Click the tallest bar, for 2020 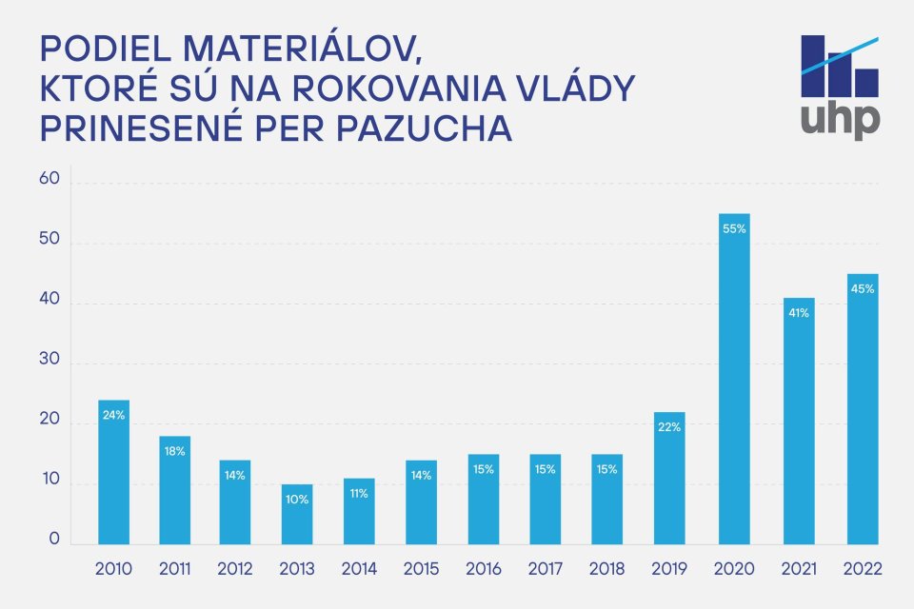(734, 381)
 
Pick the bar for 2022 (863, 409)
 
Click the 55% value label (734, 229)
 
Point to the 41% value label (797, 313)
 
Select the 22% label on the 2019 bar (668, 427)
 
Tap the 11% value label (358, 493)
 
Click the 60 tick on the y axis (50, 180)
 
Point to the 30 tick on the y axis (50, 362)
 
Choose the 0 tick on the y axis (54, 539)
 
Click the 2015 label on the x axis (422, 570)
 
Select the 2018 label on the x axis (606, 570)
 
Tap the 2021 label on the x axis (798, 570)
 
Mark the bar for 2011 (175, 490)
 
